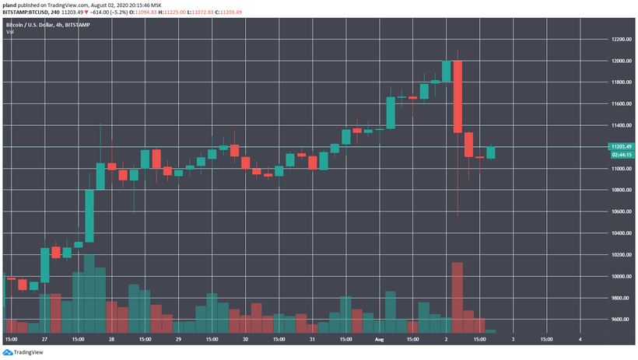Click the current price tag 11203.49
(x=620, y=146)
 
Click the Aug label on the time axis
(x=379, y=340)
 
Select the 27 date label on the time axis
(x=44, y=340)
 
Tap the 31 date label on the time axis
(x=312, y=340)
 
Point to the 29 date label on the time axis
(x=178, y=340)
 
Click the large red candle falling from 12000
(x=457, y=96)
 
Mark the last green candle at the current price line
(x=491, y=152)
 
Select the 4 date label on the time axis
(x=580, y=340)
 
